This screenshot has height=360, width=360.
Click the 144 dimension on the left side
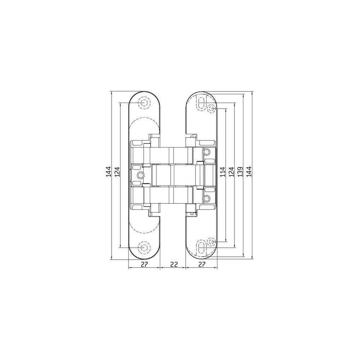tap(108, 171)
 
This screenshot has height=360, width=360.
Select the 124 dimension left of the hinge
tap(117, 171)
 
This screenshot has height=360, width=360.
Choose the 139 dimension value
tap(240, 172)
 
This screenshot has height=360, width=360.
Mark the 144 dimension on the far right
tap(249, 171)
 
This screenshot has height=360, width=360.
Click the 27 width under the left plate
tap(144, 265)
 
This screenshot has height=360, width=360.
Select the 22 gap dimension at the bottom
tap(174, 265)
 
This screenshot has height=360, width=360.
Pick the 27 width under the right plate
tap(201, 265)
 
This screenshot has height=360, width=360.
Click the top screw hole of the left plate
tap(144, 103)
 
